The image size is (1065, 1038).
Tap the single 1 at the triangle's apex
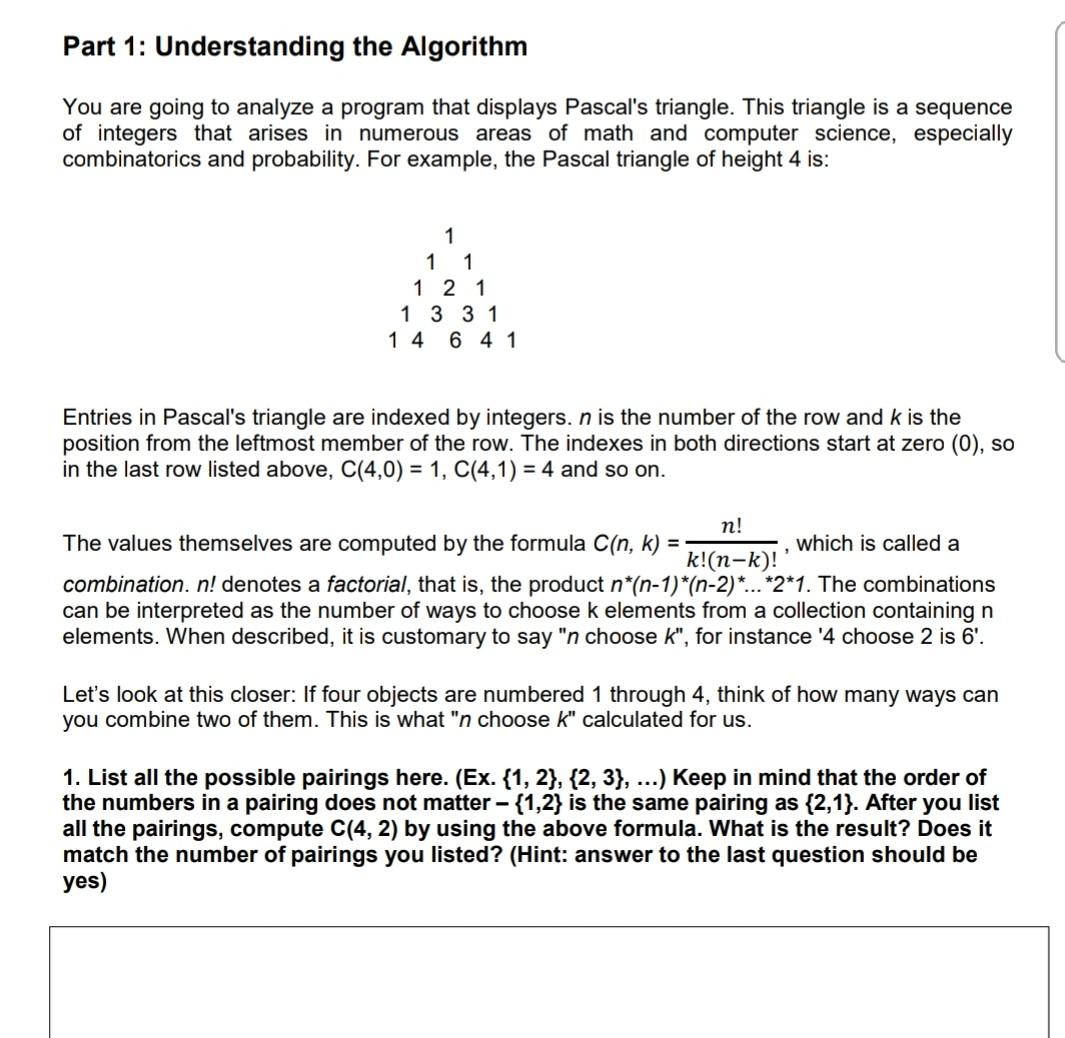pyautogui.click(x=449, y=236)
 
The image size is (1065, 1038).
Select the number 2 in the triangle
pyautogui.click(x=449, y=289)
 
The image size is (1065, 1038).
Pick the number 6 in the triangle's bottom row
pyautogui.click(x=456, y=340)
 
